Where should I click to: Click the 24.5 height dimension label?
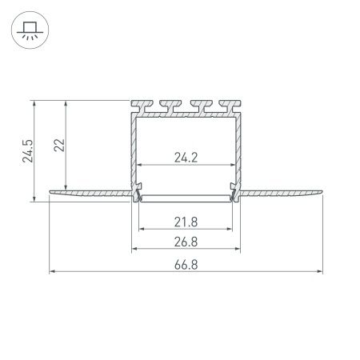point(26,150)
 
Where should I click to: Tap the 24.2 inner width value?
point(186,158)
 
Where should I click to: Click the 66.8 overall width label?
point(186,263)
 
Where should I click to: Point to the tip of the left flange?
point(51,192)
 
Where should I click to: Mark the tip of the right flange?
point(323,192)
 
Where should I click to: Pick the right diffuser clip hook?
point(234,192)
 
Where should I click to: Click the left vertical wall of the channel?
point(130,152)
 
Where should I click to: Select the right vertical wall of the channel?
point(242,152)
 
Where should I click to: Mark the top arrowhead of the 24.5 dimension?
point(34,103)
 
